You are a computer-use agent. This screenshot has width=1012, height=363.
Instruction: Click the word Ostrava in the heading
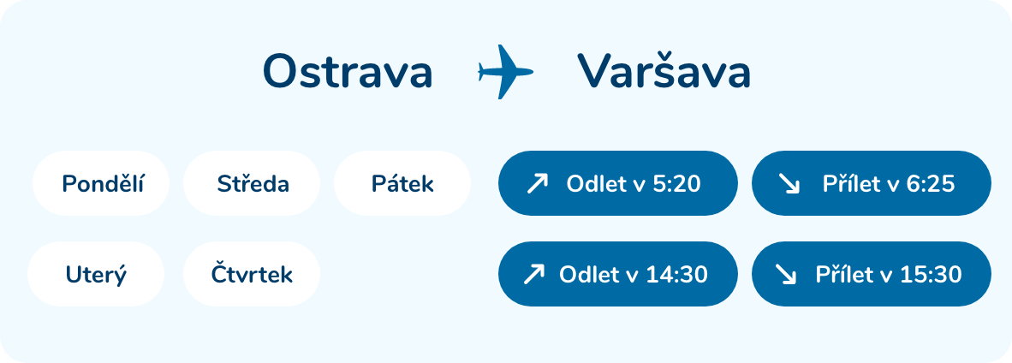click(x=348, y=72)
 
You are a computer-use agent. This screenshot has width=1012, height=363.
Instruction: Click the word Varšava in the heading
click(x=664, y=70)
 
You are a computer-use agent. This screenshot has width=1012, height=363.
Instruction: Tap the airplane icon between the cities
click(x=505, y=72)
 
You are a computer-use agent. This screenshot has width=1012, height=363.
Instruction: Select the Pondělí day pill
click(x=101, y=183)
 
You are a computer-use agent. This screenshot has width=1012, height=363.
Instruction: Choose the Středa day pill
click(x=252, y=183)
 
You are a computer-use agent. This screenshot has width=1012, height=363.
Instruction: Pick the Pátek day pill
click(x=402, y=183)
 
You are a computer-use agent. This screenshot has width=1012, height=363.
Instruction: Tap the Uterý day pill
click(x=96, y=274)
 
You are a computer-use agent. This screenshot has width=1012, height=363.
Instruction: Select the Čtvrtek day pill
click(x=252, y=274)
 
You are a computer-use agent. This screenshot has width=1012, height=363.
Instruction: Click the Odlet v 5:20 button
click(x=617, y=183)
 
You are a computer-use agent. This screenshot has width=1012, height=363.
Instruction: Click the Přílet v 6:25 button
click(x=872, y=183)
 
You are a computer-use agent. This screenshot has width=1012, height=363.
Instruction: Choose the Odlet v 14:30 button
click(x=617, y=274)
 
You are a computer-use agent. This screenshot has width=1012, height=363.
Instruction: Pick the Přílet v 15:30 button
click(x=872, y=274)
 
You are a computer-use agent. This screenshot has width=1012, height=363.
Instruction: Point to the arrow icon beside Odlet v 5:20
click(x=537, y=184)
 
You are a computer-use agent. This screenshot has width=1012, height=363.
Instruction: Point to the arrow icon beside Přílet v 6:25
click(x=789, y=184)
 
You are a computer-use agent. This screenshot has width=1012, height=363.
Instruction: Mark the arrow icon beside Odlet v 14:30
click(x=533, y=275)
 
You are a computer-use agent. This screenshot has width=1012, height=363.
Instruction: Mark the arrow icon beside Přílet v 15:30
click(x=785, y=275)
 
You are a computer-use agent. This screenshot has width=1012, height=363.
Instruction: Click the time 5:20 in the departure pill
click(x=676, y=184)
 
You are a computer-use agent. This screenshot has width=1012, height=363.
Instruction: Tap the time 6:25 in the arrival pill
click(x=930, y=184)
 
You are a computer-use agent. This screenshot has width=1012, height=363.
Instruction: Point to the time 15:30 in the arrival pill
click(x=929, y=275)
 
